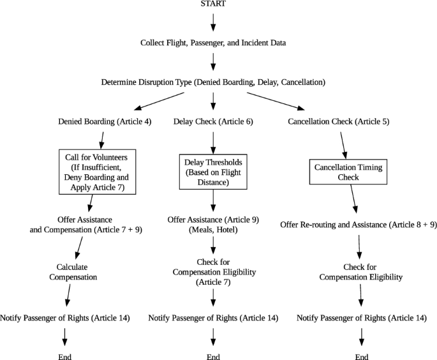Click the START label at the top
[x=213, y=4]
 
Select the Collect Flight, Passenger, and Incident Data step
[x=213, y=43]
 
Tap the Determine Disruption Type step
[x=213, y=82]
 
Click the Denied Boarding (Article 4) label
[x=104, y=121]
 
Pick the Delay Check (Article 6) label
[x=213, y=121]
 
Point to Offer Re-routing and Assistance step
[x=358, y=224]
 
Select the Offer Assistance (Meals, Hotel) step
[x=213, y=224]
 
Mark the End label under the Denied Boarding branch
[x=64, y=356]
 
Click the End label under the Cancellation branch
[x=362, y=356]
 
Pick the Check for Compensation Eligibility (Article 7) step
[x=213, y=272]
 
